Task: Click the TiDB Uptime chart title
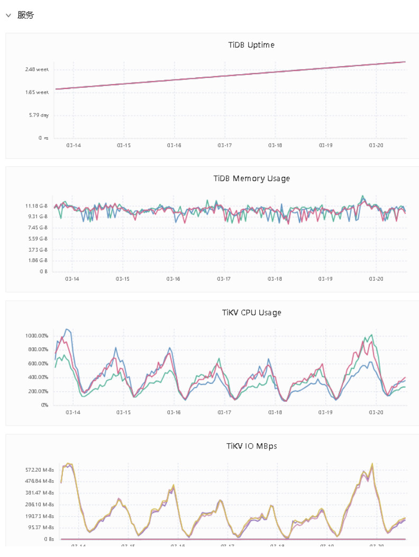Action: pyautogui.click(x=251, y=45)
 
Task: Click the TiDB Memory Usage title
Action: pyautogui.click(x=251, y=178)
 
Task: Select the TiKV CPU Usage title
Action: pyautogui.click(x=251, y=312)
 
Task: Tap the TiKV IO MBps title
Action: pyautogui.click(x=251, y=446)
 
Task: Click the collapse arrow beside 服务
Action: pyautogui.click(x=8, y=15)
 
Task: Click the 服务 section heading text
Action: pyautogui.click(x=25, y=15)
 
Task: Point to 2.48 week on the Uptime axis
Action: pyautogui.click(x=37, y=69)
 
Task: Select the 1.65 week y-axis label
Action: pyautogui.click(x=37, y=92)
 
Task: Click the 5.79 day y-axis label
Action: pyautogui.click(x=39, y=115)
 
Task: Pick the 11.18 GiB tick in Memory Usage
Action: pyautogui.click(x=36, y=205)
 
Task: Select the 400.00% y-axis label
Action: pyautogui.click(x=37, y=378)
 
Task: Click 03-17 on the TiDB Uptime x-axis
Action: pyautogui.click(x=224, y=145)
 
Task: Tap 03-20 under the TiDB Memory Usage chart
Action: pyautogui.click(x=376, y=278)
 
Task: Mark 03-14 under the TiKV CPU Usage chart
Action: pyautogui.click(x=73, y=412)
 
